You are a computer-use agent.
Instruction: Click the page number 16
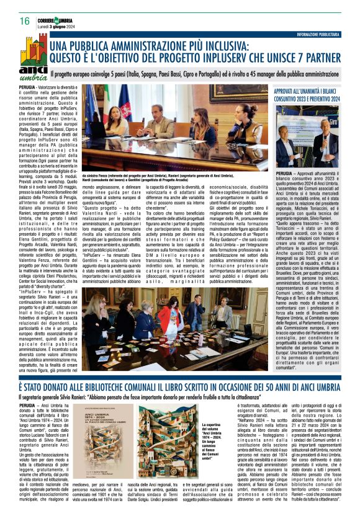(x=16, y=21)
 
